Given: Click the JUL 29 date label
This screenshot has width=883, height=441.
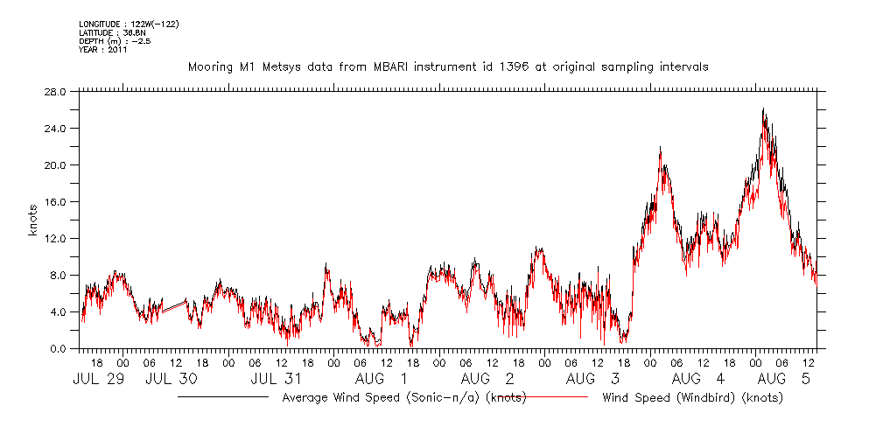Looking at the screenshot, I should pos(92,379).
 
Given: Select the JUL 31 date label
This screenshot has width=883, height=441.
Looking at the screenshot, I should pos(277,379).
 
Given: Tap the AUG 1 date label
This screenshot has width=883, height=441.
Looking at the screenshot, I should pos(381,379).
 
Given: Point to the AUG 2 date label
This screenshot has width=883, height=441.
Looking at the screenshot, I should pos(487,379).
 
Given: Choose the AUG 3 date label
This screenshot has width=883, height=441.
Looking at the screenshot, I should pos(592,379).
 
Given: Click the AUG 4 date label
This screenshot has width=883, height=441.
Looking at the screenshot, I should pos(698,379).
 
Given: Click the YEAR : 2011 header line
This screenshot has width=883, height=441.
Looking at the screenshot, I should pos(103,50).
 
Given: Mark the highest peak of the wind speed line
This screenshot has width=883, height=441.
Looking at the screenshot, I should pos(763,108).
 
